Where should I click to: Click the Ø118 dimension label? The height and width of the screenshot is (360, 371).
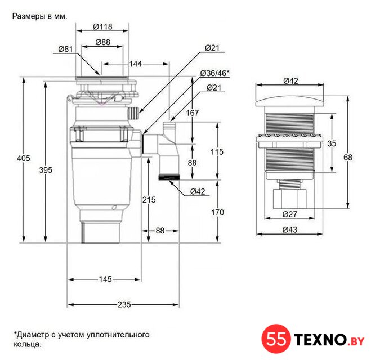coord(102,26)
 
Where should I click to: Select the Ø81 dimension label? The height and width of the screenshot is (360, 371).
coord(65,49)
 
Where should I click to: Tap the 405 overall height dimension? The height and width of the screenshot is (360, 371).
coord(24,158)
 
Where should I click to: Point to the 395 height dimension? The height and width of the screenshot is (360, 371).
coord(46,170)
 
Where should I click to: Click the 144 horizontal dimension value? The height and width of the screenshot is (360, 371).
coord(136,64)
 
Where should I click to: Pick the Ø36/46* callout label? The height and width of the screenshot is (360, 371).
coord(215,73)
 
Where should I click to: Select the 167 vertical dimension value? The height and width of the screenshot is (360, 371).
coord(193,112)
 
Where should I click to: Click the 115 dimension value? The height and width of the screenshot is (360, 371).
coord(217,151)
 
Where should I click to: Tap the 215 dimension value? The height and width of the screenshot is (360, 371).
coord(149,200)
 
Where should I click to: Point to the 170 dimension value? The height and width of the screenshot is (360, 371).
coord(217,212)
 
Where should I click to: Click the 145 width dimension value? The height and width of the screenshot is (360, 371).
coord(105,279)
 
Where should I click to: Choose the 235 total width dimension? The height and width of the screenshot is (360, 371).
coord(124,304)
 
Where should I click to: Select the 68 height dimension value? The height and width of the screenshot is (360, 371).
coord(348,157)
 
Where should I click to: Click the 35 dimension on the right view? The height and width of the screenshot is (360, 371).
coord(332,143)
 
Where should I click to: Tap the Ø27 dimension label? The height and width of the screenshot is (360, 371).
coord(289,214)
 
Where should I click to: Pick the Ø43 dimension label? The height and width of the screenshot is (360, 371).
coord(290,229)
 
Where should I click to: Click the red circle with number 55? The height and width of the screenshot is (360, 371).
coord(276,339)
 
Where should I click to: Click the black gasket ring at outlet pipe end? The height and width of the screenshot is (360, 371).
coord(169,177)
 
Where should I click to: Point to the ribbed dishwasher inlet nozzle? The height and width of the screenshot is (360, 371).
coord(133,113)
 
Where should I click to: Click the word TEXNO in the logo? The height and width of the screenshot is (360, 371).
coord(320,340)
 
